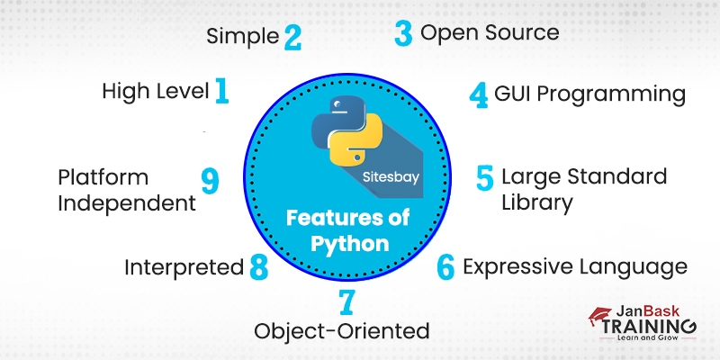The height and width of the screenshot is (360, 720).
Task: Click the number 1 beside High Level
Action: pos(221,91)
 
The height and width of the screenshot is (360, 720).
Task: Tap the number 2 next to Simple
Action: pos(292,37)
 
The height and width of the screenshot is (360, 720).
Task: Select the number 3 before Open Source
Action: pos(402,34)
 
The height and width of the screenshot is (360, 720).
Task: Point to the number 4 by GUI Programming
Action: pos(479,94)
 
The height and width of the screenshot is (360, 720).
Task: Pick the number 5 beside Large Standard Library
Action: pos(485,177)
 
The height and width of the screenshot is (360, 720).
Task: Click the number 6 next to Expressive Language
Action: pos(445,267)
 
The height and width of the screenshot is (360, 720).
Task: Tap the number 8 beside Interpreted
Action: pos(259,267)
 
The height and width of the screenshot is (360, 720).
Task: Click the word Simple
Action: pos(243,37)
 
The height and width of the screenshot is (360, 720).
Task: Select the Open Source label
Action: pos(490,33)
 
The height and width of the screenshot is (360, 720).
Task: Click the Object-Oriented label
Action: pos(341,331)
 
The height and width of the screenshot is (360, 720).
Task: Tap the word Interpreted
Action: pos(184,267)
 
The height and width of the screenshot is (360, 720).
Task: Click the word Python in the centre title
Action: pos(349,244)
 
